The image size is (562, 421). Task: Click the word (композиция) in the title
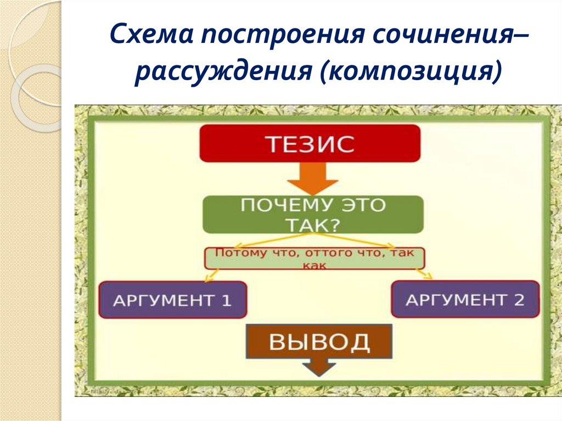click(x=412, y=72)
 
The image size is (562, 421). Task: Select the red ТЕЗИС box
click(x=310, y=144)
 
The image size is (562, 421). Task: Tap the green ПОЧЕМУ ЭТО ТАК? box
click(x=313, y=215)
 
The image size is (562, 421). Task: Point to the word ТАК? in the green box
click(x=313, y=225)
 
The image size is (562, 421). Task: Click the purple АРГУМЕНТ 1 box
click(x=173, y=300)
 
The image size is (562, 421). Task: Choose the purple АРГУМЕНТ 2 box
click(x=465, y=300)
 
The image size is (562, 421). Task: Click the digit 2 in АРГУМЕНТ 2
click(x=519, y=300)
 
